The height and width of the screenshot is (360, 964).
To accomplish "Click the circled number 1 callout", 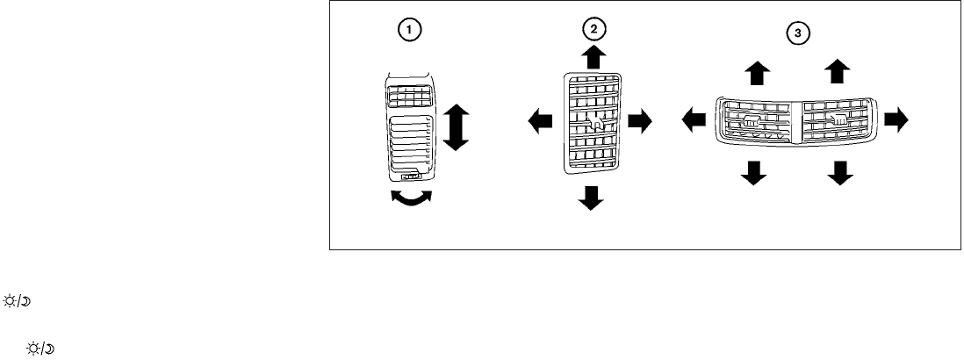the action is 409,29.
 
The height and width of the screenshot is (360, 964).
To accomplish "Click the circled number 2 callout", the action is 594,29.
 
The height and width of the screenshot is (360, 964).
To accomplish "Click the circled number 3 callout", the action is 796,33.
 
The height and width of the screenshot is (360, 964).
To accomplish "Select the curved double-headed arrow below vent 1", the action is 412,198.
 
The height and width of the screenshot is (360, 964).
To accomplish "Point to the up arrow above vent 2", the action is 594,56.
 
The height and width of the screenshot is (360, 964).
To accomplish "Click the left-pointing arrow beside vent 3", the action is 695,120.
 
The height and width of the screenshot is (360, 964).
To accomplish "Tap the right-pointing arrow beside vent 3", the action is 897,120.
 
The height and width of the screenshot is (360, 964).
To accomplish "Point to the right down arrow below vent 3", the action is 840,173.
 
